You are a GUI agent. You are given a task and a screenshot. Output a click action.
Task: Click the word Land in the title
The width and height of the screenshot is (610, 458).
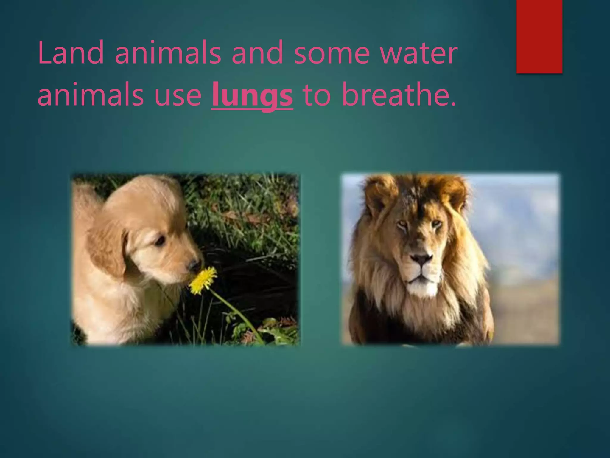[71, 53]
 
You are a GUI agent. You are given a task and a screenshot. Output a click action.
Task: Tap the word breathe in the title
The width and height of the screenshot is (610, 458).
[399, 95]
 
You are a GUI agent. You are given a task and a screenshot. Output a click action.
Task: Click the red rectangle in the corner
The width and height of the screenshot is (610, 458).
[539, 36]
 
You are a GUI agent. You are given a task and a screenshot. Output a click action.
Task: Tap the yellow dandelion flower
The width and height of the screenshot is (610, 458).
[204, 280]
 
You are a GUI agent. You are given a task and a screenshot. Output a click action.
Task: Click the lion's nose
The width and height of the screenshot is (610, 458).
[421, 259]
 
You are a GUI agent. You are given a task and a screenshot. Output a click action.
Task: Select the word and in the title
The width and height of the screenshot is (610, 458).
[257, 53]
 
